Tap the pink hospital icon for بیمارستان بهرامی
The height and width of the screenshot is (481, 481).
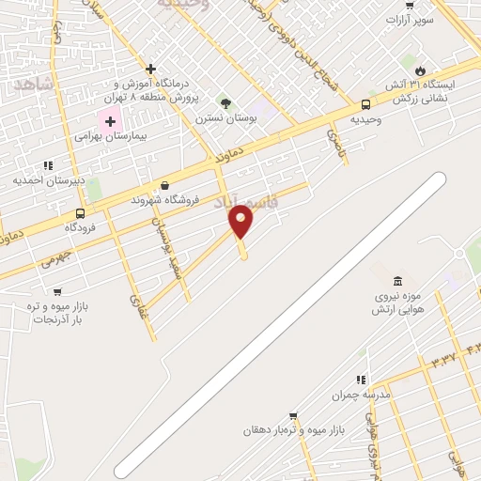[x=110, y=121]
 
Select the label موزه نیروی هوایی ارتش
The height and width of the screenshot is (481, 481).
[x=397, y=303]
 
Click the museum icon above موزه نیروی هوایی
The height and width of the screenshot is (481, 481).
[x=398, y=282]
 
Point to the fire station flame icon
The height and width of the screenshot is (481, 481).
[x=419, y=70]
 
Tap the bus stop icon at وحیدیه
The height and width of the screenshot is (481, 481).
[x=365, y=104]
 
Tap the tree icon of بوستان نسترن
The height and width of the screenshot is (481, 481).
[x=225, y=102]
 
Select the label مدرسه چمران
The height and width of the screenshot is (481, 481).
[x=360, y=396]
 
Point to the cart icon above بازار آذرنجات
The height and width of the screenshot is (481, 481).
[x=57, y=292]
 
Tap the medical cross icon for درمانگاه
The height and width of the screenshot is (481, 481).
[x=150, y=69]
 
